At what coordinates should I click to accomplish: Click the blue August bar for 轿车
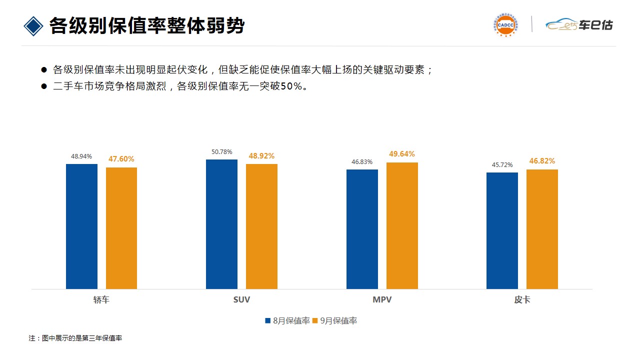81,226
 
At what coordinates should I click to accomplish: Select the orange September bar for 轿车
121,228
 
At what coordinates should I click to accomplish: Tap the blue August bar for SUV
221,224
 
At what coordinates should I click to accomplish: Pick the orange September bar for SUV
261,226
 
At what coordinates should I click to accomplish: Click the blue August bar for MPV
362,229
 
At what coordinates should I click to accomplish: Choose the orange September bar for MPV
402,225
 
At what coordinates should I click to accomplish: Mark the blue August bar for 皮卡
502,230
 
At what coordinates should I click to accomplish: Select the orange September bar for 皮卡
542,229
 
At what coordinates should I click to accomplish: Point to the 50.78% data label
221,152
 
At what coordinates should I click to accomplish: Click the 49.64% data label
402,154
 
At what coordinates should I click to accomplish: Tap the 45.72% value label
502,165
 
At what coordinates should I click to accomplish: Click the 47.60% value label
121,159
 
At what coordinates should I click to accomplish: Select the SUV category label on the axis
241,300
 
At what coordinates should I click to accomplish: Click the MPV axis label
382,300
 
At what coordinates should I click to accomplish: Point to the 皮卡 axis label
522,300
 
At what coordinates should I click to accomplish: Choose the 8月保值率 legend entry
288,321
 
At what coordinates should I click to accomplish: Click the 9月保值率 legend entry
335,321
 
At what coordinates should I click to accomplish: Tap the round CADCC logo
505,24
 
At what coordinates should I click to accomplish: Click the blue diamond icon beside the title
33,26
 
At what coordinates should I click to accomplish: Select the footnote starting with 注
75,338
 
